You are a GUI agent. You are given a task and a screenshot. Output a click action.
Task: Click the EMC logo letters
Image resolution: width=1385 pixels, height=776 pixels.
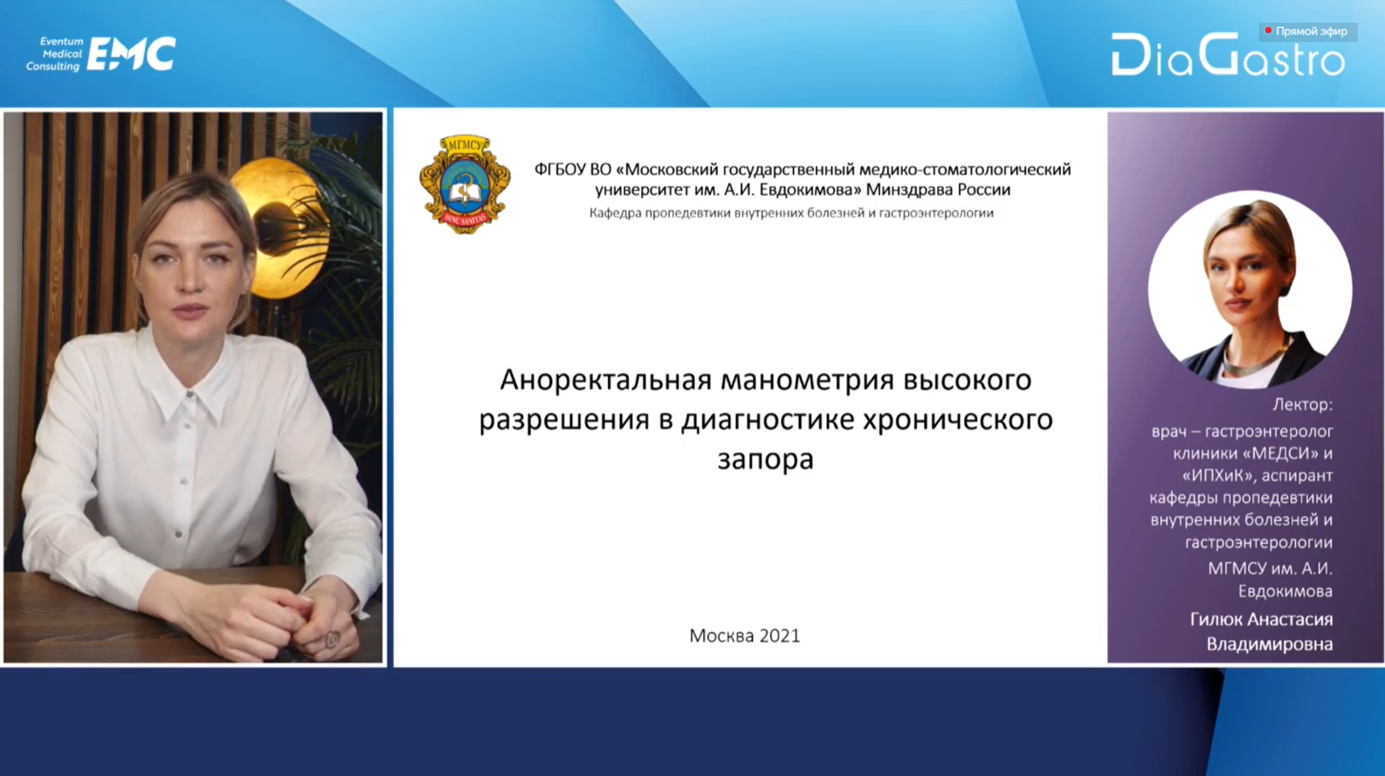click(x=131, y=54)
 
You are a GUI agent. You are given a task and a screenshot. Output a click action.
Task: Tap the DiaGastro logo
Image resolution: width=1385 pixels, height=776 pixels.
click(x=1228, y=55)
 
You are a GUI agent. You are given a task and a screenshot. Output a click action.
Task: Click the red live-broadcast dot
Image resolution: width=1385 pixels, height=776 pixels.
click(x=1268, y=31)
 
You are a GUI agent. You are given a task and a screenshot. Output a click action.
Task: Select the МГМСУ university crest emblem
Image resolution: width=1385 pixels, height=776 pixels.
click(x=465, y=184)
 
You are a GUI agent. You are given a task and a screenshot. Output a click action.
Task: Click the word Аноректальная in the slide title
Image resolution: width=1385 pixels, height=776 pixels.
click(x=606, y=380)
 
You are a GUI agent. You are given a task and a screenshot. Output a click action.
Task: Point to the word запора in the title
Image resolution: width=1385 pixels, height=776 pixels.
click(x=766, y=460)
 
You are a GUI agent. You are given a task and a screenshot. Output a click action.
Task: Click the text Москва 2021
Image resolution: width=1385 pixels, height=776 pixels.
click(x=744, y=635)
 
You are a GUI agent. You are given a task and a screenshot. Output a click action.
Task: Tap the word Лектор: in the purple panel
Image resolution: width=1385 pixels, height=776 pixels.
click(x=1302, y=405)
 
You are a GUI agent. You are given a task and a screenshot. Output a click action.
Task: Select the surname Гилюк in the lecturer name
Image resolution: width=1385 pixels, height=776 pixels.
click(x=1215, y=619)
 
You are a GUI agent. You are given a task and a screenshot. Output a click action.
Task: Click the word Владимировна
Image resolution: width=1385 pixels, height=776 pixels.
click(x=1270, y=644)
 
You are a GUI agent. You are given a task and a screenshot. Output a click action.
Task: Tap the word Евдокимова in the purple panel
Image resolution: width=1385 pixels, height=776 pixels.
click(x=1285, y=592)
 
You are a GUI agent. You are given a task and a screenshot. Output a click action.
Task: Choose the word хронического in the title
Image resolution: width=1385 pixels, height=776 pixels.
click(x=958, y=420)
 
